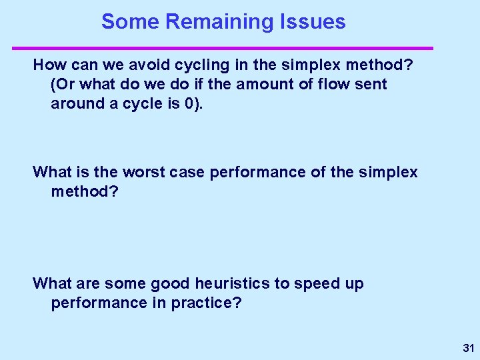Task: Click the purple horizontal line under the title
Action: point(223,48)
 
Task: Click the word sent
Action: point(371,85)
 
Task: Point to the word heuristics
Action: point(231,283)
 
